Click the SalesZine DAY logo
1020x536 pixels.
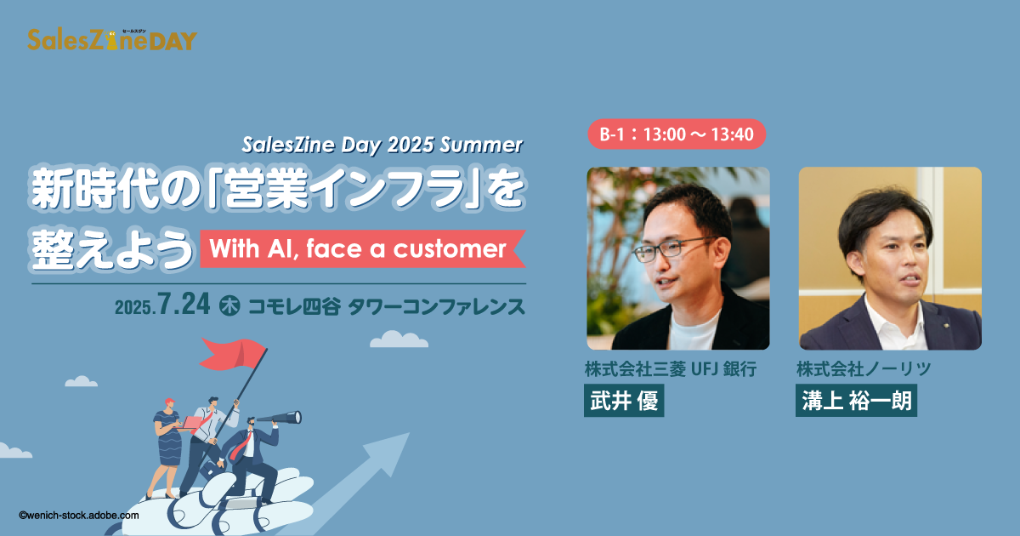[112, 40]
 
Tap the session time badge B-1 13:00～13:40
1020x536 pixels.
[677, 134]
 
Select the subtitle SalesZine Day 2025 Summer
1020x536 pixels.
[382, 145]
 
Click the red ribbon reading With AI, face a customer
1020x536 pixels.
[363, 248]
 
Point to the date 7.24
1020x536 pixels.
[184, 304]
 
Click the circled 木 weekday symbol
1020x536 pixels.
[229, 305]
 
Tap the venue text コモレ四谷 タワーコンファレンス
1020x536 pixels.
[387, 306]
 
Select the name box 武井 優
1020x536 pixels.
[624, 401]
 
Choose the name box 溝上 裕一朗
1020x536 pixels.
[856, 401]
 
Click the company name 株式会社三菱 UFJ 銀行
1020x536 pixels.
[671, 368]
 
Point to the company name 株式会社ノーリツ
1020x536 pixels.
[864, 368]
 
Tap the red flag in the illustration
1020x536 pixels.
[232, 354]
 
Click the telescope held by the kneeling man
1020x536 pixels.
[280, 418]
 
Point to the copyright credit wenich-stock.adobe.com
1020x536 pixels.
[79, 516]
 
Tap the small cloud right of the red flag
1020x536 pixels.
[399, 339]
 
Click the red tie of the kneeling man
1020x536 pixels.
[241, 445]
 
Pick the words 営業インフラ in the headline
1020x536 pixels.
[344, 188]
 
